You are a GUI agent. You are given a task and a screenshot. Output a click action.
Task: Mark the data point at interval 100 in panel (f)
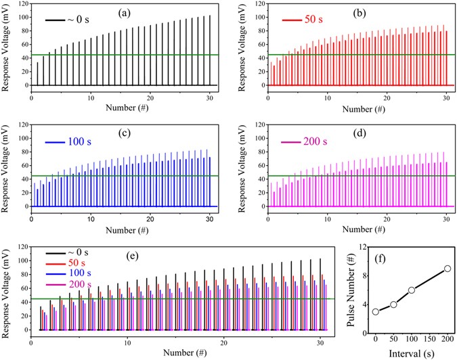pyautogui.click(x=412, y=290)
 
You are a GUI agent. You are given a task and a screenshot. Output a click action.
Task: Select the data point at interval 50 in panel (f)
pyautogui.click(x=393, y=305)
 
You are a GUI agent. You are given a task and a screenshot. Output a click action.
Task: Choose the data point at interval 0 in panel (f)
pyautogui.click(x=376, y=311)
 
